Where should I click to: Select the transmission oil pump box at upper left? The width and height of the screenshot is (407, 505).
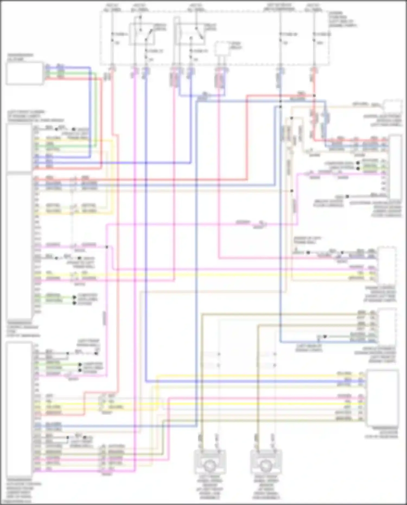point(24,74)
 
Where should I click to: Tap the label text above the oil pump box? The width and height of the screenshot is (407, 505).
point(20,57)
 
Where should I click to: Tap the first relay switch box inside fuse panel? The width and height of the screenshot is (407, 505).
point(142,34)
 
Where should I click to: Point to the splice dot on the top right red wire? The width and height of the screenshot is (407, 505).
point(314,96)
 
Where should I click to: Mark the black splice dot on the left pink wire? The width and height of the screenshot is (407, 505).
point(107,247)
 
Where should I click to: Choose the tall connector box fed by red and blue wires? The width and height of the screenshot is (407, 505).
point(396,167)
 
